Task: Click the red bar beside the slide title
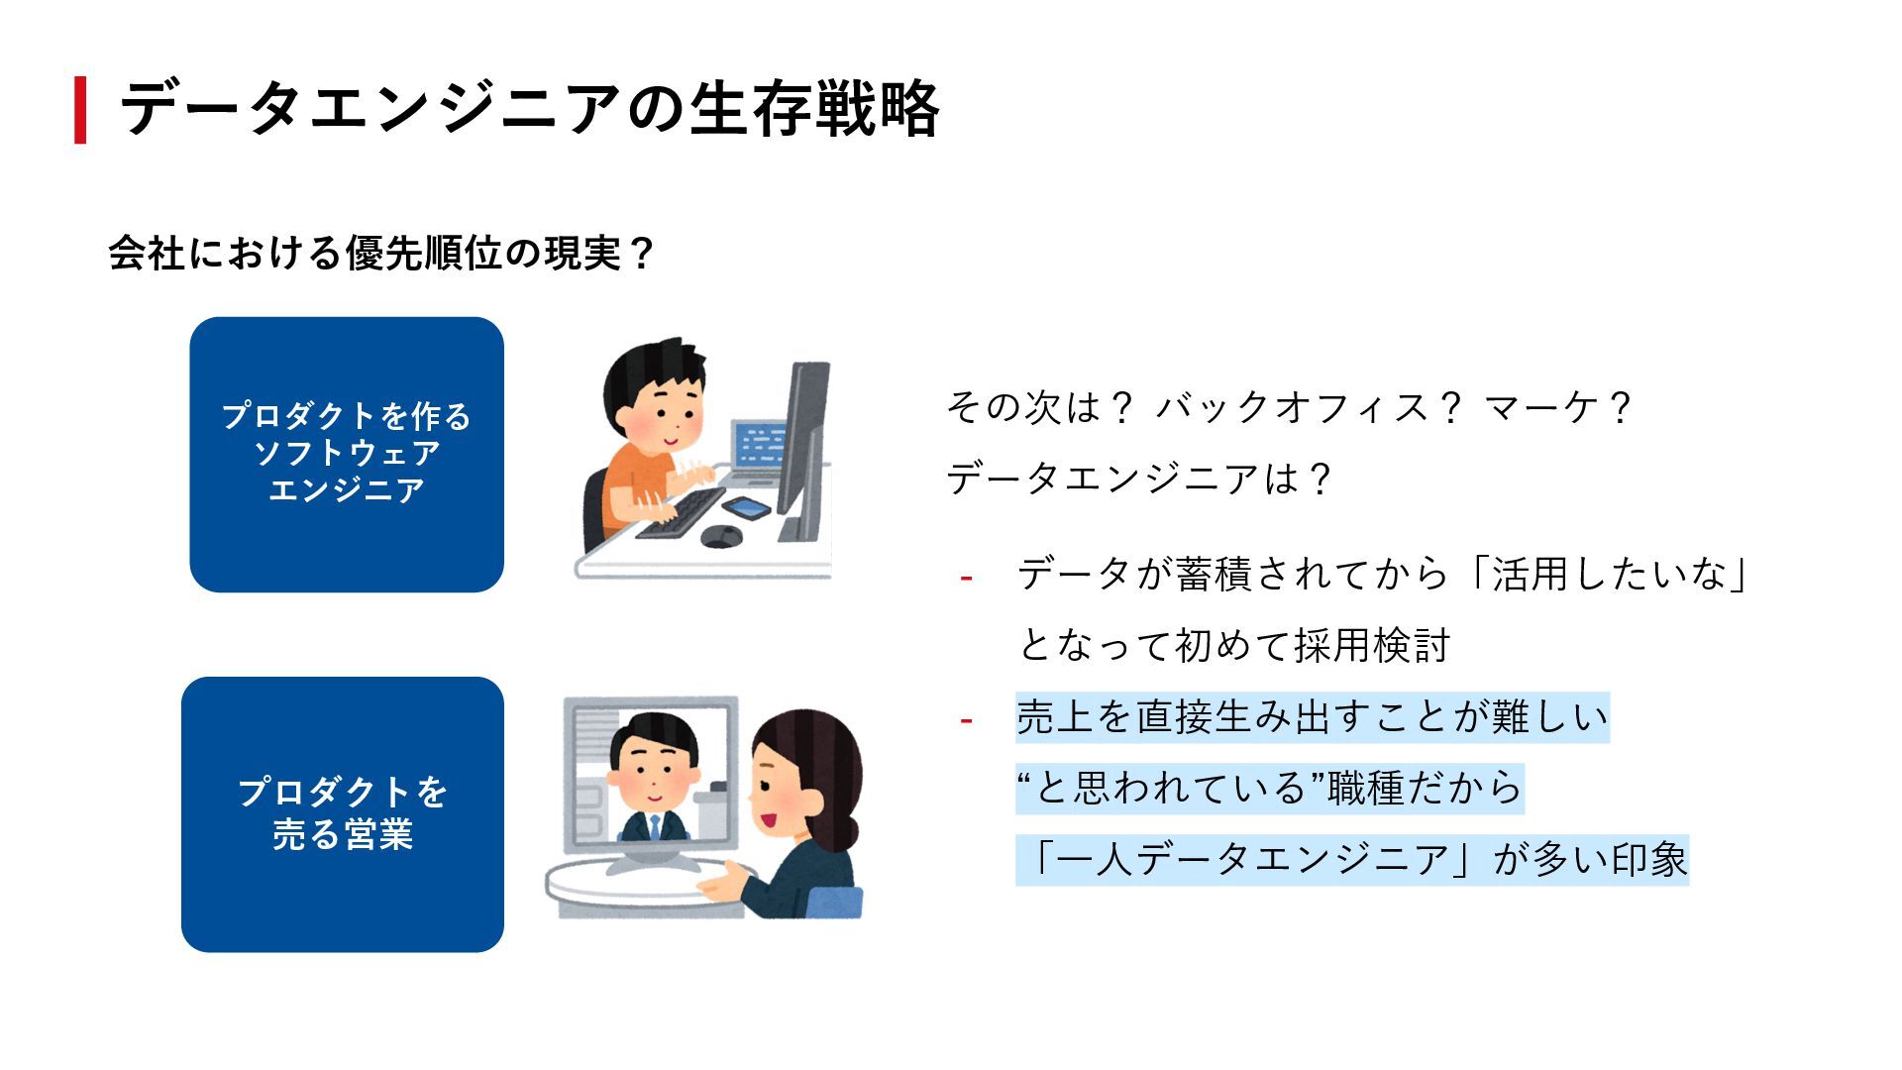[80, 110]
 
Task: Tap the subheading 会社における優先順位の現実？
[381, 254]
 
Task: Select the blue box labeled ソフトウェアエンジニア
[347, 454]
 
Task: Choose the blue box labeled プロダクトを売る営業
[343, 813]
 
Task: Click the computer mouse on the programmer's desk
[721, 536]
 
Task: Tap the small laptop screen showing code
[760, 446]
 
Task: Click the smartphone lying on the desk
[747, 508]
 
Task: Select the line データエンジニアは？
[1139, 479]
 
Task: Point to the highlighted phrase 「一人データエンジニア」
[1252, 859]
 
